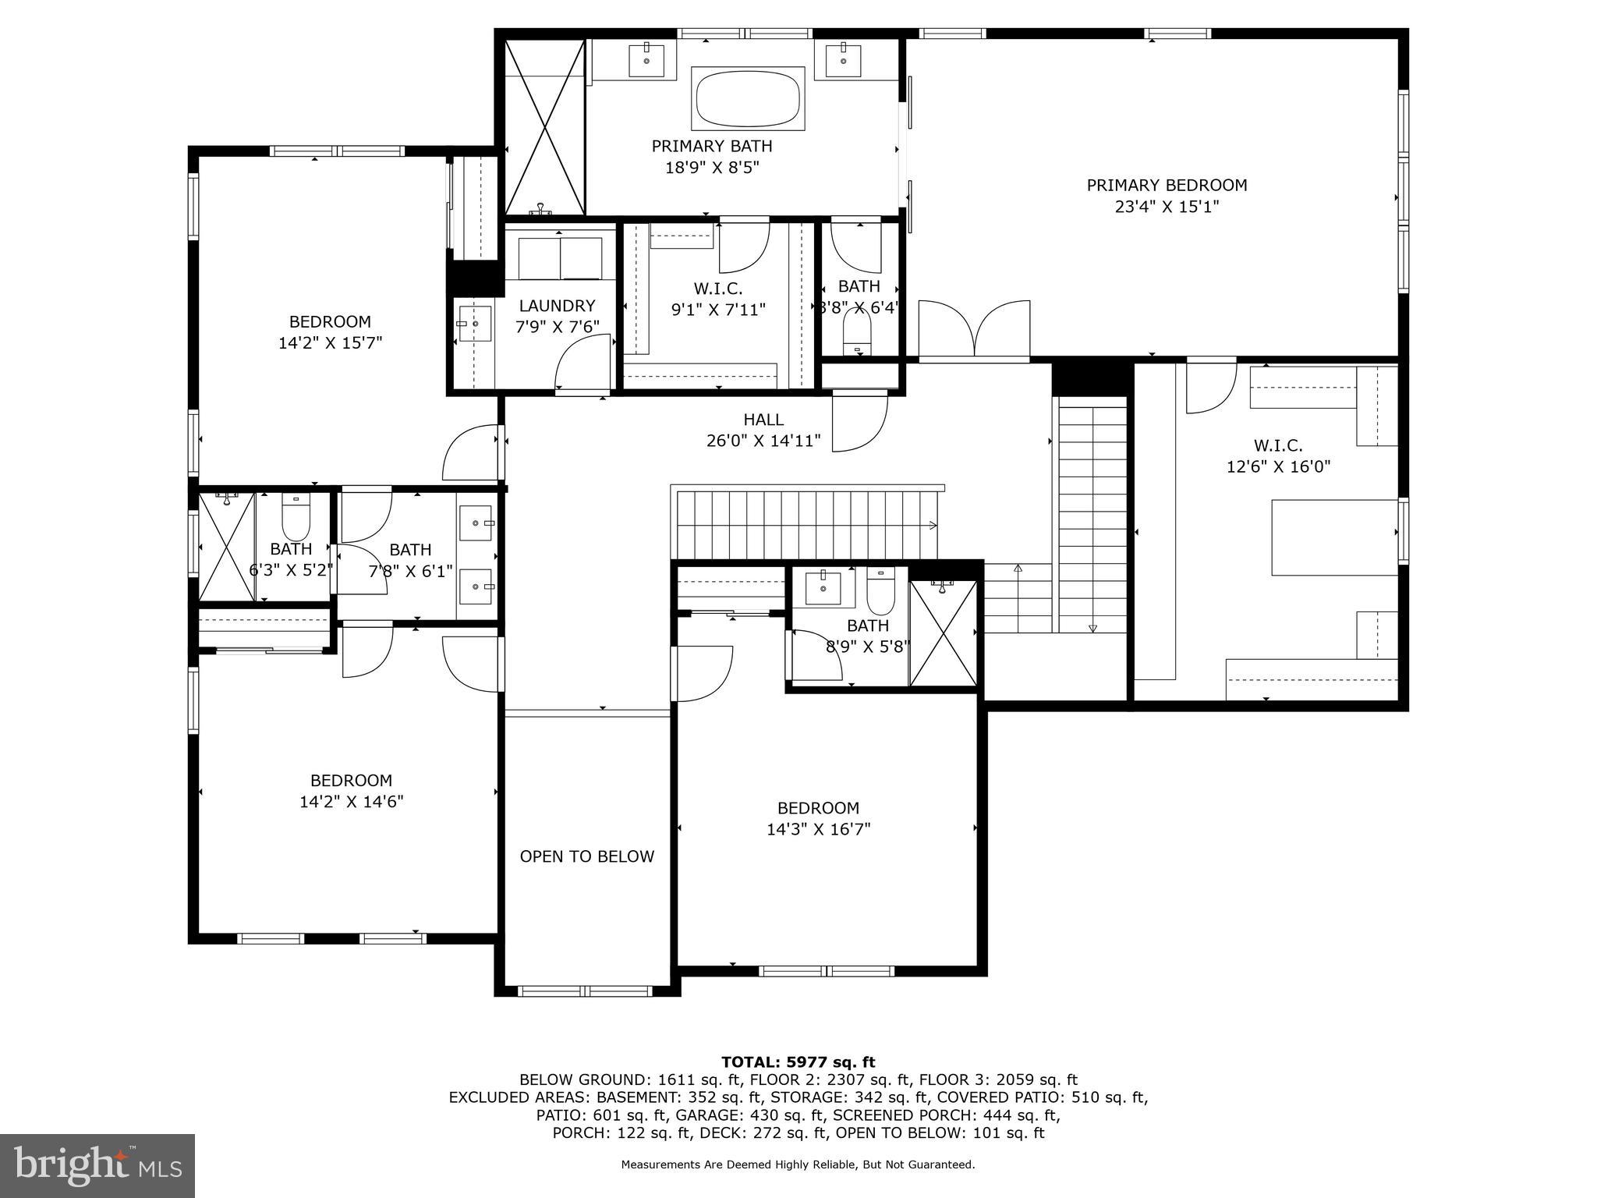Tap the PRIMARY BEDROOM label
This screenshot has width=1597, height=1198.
click(x=1167, y=185)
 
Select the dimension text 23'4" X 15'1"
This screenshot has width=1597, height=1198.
click(x=1167, y=207)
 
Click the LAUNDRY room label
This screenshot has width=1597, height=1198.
click(x=557, y=306)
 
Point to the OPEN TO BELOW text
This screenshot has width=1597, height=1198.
click(x=586, y=856)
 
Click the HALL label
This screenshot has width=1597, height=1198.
click(x=763, y=420)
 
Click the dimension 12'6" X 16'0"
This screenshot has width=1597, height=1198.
click(x=1278, y=467)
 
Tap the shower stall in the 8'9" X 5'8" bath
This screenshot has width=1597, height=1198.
click(x=944, y=633)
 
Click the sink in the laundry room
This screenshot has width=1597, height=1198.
click(x=474, y=324)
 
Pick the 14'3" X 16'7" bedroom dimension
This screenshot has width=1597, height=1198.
click(x=818, y=829)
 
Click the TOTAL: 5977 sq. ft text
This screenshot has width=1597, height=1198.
click(x=798, y=1062)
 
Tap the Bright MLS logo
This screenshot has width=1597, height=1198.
click(x=97, y=1165)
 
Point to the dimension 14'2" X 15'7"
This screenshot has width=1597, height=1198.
click(x=330, y=342)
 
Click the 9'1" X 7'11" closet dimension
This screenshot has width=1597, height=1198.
click(x=718, y=310)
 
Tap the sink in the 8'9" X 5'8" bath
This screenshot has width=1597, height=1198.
click(x=822, y=586)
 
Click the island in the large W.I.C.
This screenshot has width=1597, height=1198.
click(x=1333, y=538)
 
